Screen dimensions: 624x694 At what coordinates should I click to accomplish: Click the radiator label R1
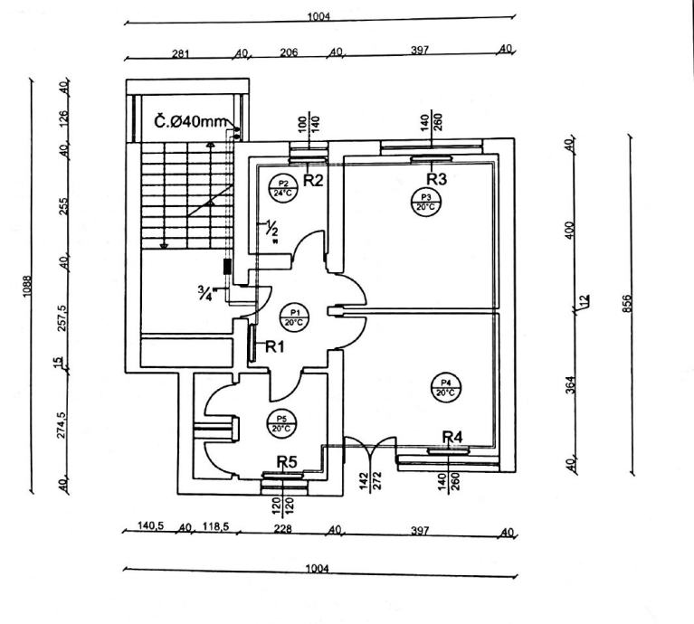tap(274, 346)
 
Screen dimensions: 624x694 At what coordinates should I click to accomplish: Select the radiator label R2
tap(313, 180)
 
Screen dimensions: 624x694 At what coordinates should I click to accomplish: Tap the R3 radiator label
tap(438, 178)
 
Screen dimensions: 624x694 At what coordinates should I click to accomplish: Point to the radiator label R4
tap(452, 438)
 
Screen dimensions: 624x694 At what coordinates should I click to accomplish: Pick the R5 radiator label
tap(287, 462)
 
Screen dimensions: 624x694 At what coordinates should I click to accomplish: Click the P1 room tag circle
tap(292, 316)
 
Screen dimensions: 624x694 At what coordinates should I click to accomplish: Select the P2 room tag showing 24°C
tap(283, 188)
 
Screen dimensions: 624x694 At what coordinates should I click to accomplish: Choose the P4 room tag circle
tap(444, 387)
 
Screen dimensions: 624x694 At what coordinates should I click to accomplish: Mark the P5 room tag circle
tap(282, 422)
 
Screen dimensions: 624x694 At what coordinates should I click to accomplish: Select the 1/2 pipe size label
tap(271, 232)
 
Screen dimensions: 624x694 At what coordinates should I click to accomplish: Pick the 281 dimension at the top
tap(181, 52)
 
